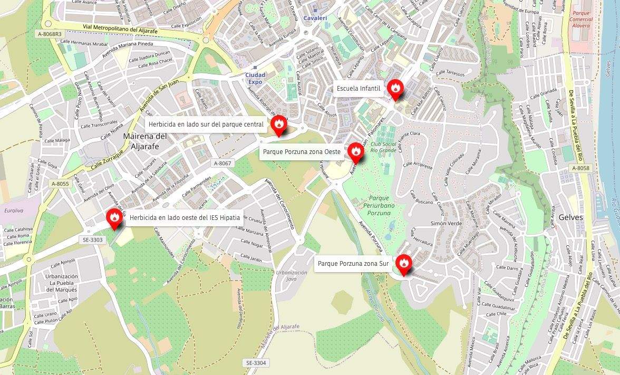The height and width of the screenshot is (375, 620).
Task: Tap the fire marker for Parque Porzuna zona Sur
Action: click(x=404, y=263)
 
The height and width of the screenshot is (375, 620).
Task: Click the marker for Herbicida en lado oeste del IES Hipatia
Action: click(x=114, y=217)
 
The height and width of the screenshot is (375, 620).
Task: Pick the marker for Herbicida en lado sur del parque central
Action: click(x=279, y=124)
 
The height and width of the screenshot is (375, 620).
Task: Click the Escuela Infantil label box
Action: click(x=359, y=89)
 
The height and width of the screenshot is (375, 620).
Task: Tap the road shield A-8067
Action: click(x=222, y=164)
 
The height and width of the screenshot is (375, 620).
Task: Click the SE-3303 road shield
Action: click(x=93, y=240)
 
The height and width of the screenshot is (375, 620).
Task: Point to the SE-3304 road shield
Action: click(x=256, y=363)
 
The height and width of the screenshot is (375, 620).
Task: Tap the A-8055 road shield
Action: click(x=60, y=184)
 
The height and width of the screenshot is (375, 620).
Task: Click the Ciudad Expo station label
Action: click(x=255, y=79)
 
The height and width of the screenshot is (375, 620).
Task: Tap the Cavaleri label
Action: click(x=315, y=18)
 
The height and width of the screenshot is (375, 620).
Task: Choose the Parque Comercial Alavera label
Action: click(x=581, y=19)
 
